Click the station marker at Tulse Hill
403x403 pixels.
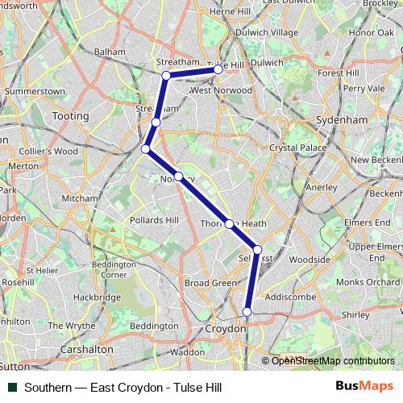click(218, 70)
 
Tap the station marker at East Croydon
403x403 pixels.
click(247, 311)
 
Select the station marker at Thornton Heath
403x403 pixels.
click(229, 224)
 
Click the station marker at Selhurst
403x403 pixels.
click(257, 250)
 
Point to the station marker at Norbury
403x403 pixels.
click(179, 177)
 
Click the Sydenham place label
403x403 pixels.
click(344, 119)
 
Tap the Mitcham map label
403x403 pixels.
click(80, 197)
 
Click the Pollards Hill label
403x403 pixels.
click(154, 220)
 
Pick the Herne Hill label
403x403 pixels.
click(230, 12)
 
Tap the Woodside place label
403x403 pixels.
click(310, 260)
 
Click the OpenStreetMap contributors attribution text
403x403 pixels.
click(333, 361)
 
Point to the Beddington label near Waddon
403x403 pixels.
click(153, 325)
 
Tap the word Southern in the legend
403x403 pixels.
click(47, 387)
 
